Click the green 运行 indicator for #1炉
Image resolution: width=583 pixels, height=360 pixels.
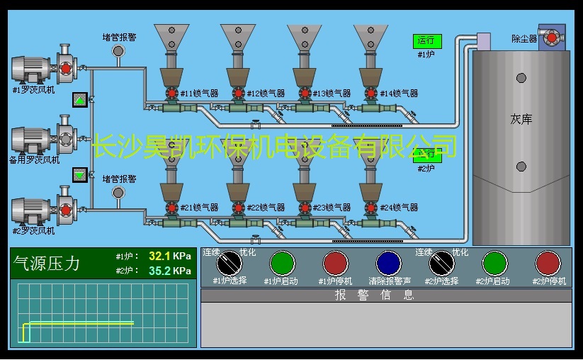[426, 41]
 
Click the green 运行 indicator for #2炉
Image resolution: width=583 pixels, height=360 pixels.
[426, 154]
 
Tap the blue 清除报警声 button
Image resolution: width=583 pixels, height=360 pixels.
[388, 264]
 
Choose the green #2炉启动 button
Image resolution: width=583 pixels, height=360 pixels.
[494, 264]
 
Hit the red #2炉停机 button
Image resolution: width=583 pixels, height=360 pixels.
[548, 264]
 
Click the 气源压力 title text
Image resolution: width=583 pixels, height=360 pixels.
[47, 264]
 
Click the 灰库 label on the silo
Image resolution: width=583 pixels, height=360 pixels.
[521, 119]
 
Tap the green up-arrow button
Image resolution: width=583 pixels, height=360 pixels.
[79, 100]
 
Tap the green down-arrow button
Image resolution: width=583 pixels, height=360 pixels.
[79, 174]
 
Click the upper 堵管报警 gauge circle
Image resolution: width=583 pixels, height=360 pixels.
[118, 50]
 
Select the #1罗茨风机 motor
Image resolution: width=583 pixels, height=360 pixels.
[31, 69]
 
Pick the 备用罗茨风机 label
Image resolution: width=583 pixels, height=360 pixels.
[34, 159]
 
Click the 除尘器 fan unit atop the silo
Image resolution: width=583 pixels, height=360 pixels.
[550, 37]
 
